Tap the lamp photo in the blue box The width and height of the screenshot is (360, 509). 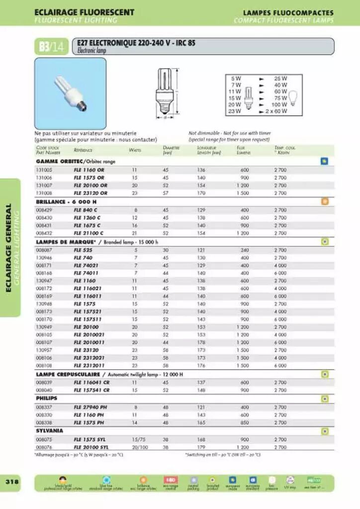point(70,93)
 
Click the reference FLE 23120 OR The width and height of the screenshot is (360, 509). point(90,193)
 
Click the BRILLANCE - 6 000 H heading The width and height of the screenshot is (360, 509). point(66,202)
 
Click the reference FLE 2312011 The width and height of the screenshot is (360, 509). point(90,365)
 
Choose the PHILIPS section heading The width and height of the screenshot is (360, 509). point(46,398)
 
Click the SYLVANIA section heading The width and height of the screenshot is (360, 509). point(49,431)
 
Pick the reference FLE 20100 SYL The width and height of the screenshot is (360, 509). point(91,447)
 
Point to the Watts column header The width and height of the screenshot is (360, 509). point(135,150)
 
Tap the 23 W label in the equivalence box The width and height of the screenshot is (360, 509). point(235,111)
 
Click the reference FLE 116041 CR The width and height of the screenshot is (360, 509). point(91,383)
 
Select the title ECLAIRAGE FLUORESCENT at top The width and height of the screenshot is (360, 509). point(84,12)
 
